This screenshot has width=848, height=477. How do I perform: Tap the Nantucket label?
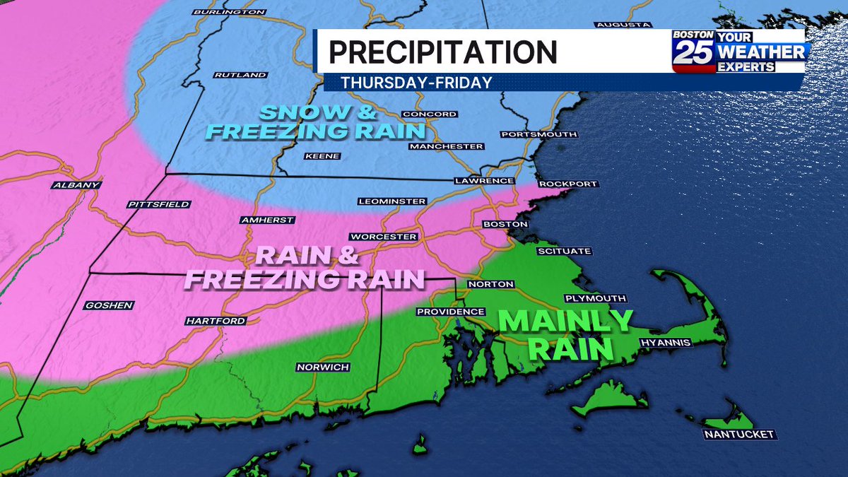[739, 434]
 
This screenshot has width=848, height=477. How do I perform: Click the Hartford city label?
[216, 321]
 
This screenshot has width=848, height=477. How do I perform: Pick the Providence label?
[450, 312]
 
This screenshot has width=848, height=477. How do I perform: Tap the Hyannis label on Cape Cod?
[664, 343]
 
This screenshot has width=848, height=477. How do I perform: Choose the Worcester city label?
[384, 237]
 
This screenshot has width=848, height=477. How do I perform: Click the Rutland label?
[240, 75]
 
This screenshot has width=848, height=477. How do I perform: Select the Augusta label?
[623, 25]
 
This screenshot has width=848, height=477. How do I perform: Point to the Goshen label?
[108, 305]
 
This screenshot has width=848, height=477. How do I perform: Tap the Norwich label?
[323, 367]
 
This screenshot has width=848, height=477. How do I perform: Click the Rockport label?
[568, 184]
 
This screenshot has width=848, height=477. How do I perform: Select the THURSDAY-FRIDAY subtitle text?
[416, 83]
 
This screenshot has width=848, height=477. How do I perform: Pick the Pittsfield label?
[159, 204]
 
